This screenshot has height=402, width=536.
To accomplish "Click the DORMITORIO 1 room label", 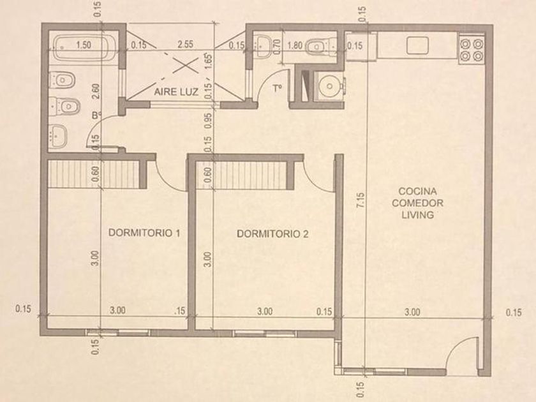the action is click(x=144, y=233).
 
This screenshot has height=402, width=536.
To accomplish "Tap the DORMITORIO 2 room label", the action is click(x=272, y=234).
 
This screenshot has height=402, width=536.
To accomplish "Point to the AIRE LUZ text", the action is click(x=176, y=92).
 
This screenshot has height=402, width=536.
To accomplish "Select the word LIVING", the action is click(x=417, y=215).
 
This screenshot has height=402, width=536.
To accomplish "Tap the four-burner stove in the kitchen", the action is click(x=472, y=50).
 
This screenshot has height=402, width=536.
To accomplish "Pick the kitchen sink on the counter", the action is click(x=417, y=45).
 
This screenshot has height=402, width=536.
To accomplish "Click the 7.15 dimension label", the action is click(x=361, y=200).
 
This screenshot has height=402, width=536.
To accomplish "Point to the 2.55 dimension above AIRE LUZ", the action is click(x=185, y=44).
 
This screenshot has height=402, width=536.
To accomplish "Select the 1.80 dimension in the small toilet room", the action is click(x=295, y=45).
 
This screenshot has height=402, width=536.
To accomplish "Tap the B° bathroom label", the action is click(x=96, y=115).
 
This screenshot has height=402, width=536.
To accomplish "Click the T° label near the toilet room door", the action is click(x=277, y=89).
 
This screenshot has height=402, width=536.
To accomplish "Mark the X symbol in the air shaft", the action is click(x=185, y=65).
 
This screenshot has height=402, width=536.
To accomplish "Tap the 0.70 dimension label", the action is click(x=277, y=45).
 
